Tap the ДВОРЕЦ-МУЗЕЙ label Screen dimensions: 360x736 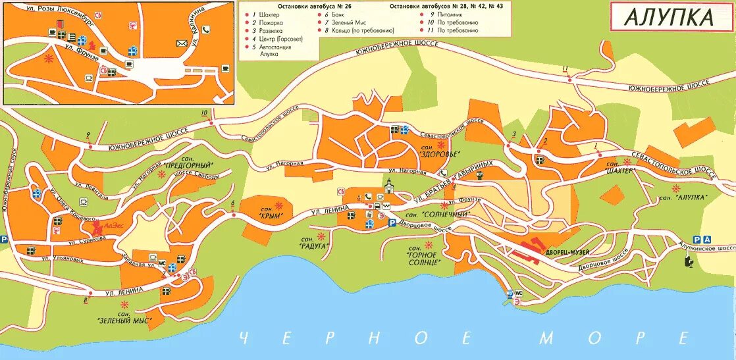pyautogui.click(x=567, y=253)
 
